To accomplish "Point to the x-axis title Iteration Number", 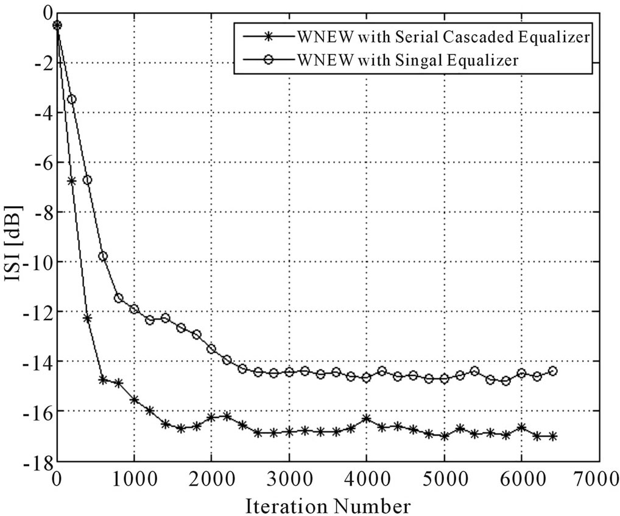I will point(329,505).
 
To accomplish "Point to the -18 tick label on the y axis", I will point(37,461).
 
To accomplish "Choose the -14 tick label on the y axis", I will point(37,362).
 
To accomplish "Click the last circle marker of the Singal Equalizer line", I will point(553,371).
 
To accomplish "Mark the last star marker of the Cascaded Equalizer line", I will point(553,436).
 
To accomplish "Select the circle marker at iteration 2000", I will point(211,349).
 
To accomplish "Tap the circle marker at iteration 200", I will point(72,99).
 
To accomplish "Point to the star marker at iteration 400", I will point(87,318).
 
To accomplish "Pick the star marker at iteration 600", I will point(103,380).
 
